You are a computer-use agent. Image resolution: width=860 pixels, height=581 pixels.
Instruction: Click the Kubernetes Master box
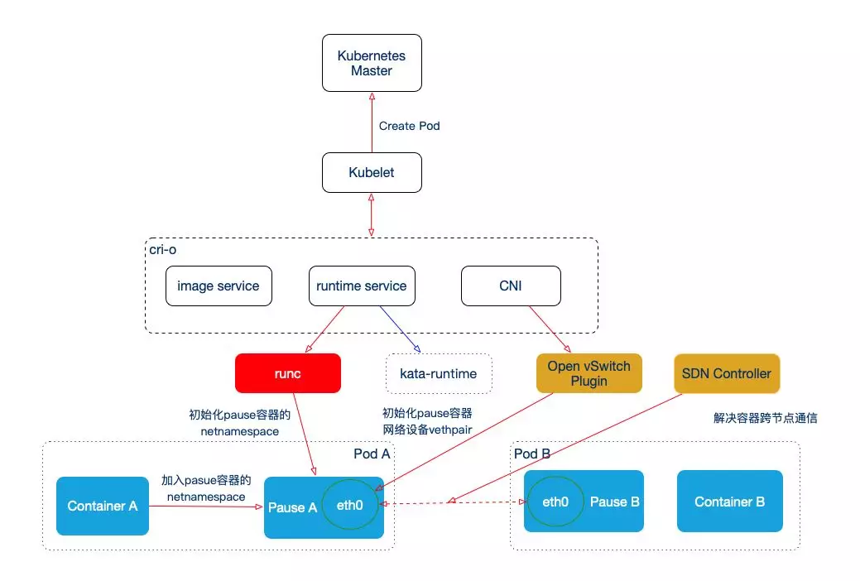point(372,64)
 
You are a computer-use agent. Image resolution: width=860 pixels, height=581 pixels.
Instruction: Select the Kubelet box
point(372,174)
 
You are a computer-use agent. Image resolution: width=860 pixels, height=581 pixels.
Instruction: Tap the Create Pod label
point(409,127)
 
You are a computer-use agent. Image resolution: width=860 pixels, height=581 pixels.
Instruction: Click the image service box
point(218,286)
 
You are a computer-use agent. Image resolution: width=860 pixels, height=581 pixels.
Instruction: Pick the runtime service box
point(361,286)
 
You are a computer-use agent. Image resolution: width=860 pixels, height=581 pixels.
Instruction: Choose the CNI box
point(511,286)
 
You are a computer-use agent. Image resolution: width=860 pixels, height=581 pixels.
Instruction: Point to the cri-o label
point(164,248)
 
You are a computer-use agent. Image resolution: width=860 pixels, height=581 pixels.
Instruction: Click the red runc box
point(288,373)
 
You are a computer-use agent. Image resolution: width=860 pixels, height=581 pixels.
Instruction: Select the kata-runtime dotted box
point(439,374)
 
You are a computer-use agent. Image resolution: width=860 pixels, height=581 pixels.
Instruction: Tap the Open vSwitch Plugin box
point(589,373)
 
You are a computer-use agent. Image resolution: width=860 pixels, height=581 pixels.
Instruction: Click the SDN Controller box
point(726,373)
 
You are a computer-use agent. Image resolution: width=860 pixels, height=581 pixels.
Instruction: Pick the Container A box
point(103,506)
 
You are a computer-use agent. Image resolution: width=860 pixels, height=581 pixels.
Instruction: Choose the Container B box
point(729,502)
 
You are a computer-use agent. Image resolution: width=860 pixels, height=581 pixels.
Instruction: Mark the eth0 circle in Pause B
point(555,502)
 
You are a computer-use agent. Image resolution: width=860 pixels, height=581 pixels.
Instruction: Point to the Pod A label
point(371,454)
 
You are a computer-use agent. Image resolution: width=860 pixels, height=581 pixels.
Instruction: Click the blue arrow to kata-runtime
point(400,329)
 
